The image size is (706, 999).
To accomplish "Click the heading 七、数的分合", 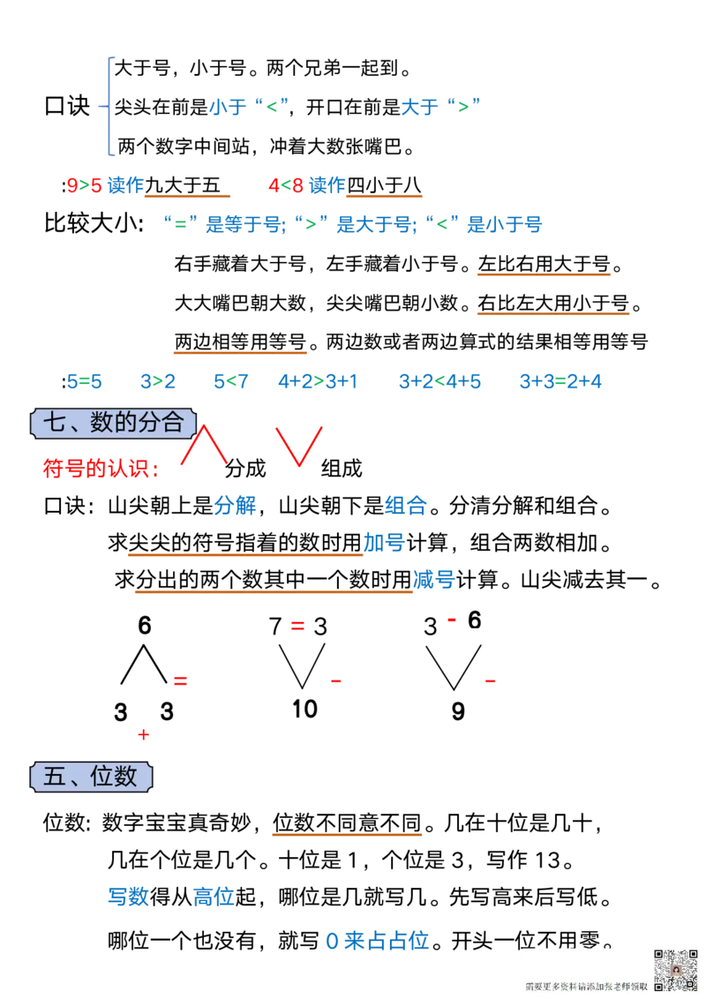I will point(113,423).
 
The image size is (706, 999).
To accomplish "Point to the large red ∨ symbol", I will point(299,446).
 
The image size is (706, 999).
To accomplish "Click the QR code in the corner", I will point(675,970).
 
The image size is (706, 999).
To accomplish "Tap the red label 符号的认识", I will point(101,468).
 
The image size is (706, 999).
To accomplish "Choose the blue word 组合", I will point(406,506).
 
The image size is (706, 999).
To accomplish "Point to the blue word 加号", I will point(383,543).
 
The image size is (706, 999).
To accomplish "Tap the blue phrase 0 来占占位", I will point(378,941).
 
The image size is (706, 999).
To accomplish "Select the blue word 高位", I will point(213,898).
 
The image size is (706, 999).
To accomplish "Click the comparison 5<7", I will point(232,382).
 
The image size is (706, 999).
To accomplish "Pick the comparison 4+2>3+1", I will point(318,382).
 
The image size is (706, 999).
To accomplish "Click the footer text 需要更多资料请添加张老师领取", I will point(586,987).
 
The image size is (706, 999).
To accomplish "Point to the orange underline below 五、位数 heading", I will point(346,836).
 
